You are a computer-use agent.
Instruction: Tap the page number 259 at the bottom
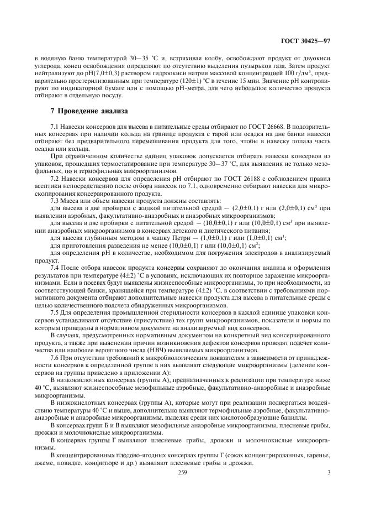[182, 472]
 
